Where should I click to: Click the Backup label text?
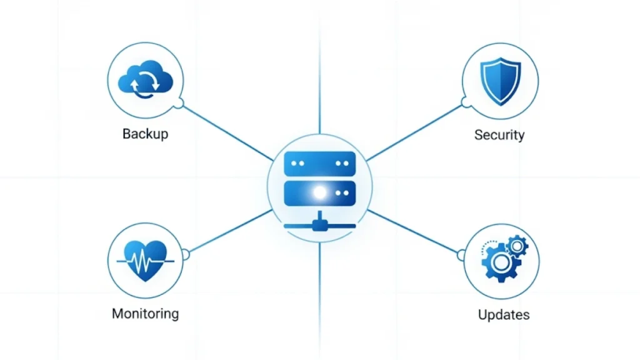145,134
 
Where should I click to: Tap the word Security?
499,134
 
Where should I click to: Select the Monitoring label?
145,313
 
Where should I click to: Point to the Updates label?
503,314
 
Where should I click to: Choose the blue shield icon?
500,81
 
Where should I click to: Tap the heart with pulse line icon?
146,260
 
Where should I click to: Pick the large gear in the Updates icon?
496,263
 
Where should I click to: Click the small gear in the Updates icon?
517,246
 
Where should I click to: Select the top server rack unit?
319,163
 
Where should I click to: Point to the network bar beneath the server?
319,226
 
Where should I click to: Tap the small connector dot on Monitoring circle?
184,253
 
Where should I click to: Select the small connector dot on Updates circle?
462,254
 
